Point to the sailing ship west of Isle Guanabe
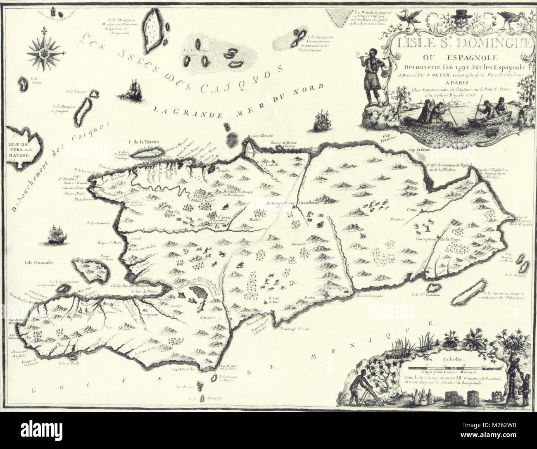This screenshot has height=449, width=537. click(55, 234)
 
